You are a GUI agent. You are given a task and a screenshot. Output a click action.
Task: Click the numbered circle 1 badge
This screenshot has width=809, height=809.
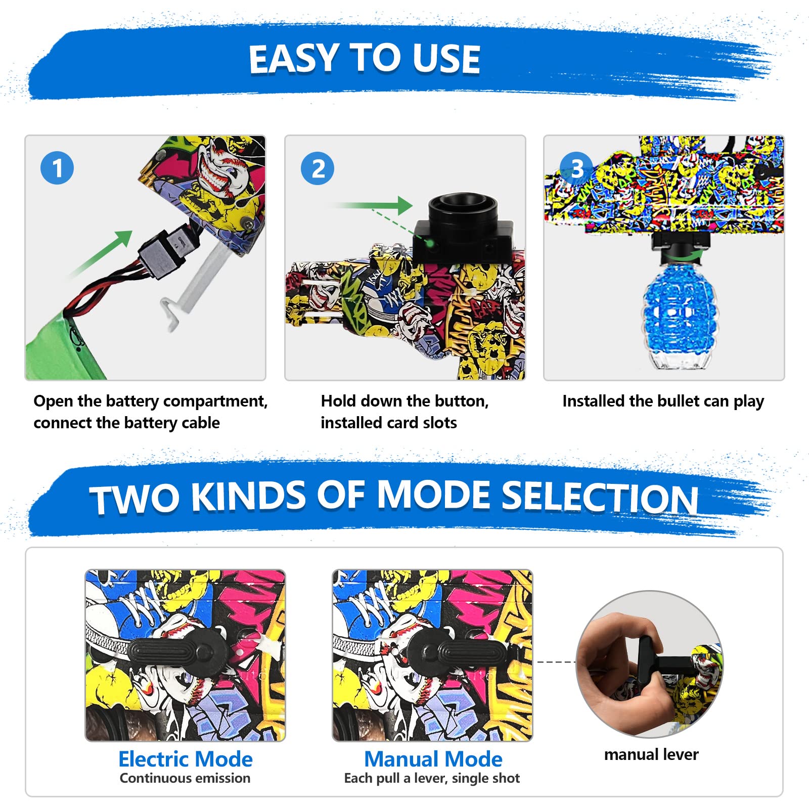point(57,168)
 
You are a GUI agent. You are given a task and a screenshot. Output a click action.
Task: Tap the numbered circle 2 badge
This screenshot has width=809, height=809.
point(318,168)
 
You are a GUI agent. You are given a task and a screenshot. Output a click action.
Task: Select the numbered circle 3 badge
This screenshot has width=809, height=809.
point(576,168)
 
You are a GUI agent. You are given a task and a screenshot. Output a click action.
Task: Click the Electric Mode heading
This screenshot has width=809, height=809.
point(186,759)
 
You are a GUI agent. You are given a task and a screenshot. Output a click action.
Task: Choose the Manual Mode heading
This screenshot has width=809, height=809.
point(433,759)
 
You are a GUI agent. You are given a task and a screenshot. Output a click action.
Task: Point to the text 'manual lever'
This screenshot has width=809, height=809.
point(651,754)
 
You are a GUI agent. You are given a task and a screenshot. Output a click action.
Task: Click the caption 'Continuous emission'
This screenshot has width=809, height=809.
point(185,778)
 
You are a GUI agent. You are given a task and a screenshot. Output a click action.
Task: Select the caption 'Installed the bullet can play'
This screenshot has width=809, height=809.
point(663,401)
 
